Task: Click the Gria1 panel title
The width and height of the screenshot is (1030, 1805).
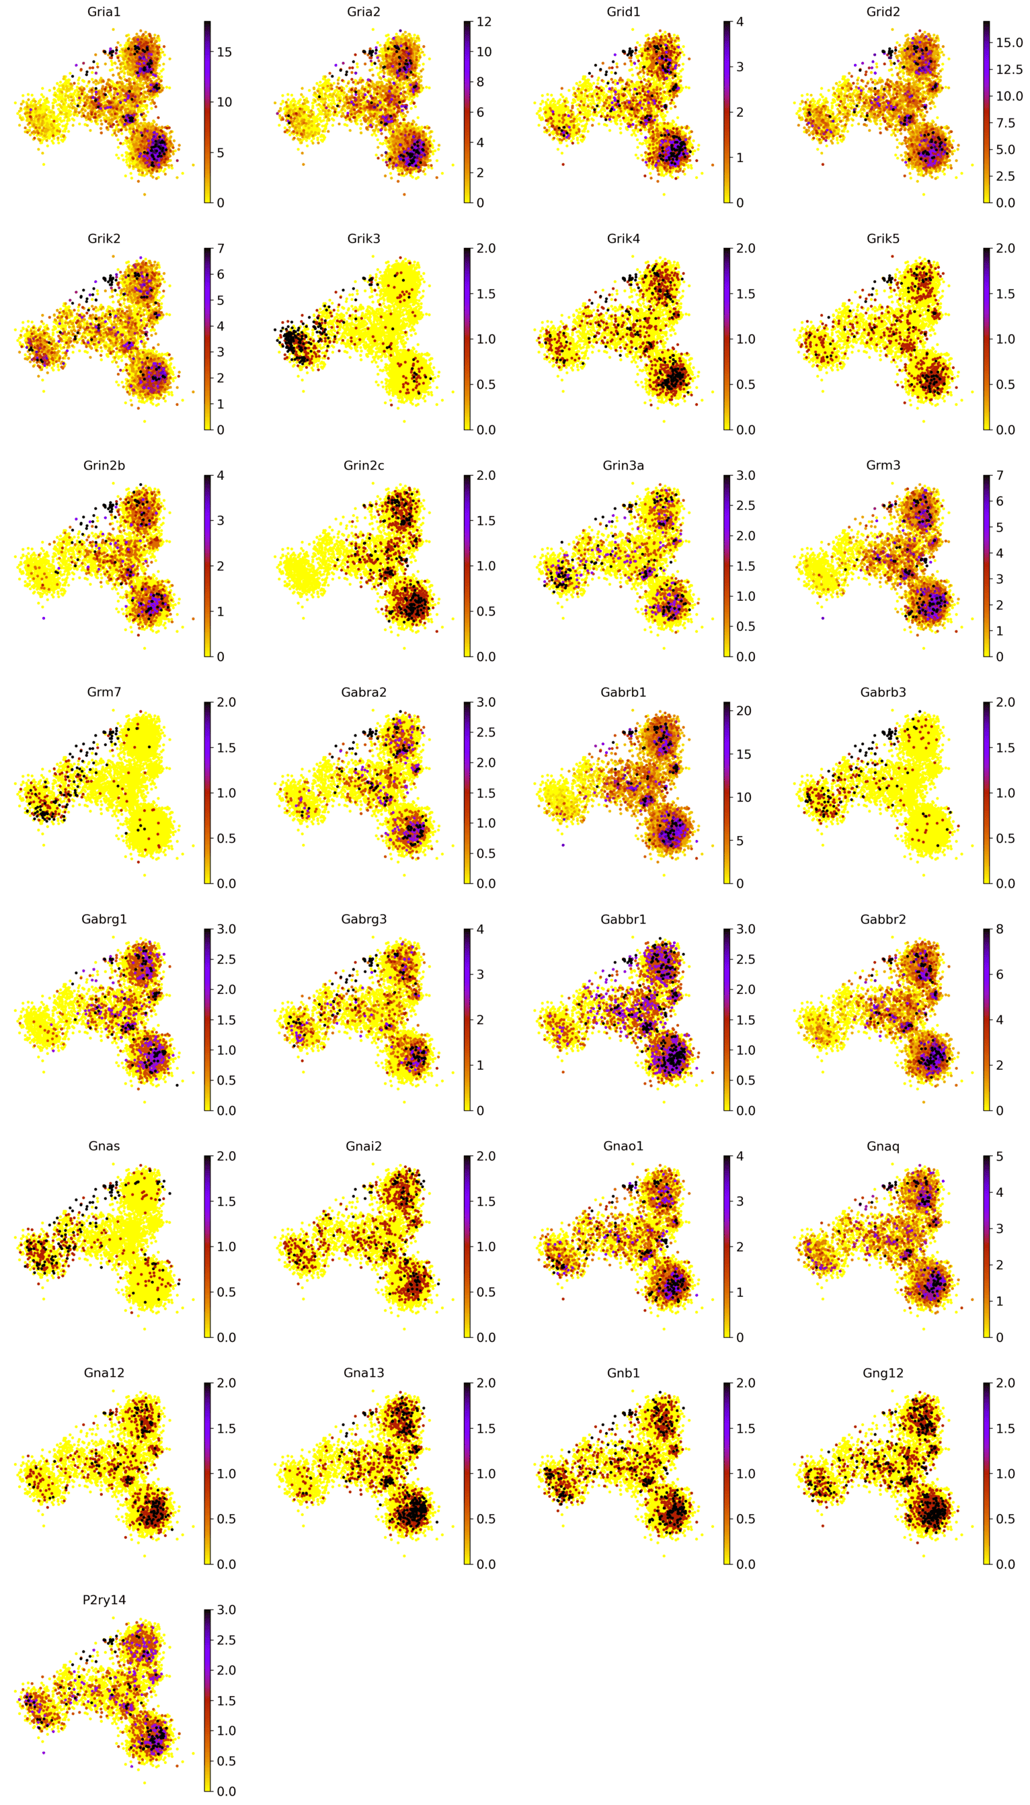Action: [104, 12]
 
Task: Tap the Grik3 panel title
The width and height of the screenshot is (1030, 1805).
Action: [364, 239]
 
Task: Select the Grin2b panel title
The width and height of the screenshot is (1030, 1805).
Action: [104, 465]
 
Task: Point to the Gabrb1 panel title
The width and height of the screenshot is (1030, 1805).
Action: [623, 692]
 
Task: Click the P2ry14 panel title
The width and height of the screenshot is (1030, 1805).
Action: [104, 1599]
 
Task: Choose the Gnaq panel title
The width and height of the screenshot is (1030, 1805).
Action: [883, 1146]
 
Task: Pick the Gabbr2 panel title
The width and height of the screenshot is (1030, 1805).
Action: [883, 919]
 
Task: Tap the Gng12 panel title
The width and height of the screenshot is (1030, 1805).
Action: [883, 1373]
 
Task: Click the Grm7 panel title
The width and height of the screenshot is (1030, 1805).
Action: [104, 692]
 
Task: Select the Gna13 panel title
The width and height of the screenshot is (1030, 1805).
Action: [364, 1373]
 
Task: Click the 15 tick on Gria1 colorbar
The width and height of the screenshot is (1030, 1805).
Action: [223, 52]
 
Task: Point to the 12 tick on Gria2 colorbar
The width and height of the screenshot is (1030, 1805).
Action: [484, 22]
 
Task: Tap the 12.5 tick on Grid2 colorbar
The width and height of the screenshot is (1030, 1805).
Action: [1008, 69]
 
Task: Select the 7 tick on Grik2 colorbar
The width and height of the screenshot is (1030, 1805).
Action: [221, 249]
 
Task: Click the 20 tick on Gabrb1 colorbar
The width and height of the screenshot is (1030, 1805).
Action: [744, 710]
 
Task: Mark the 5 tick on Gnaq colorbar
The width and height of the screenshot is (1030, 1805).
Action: [1000, 1157]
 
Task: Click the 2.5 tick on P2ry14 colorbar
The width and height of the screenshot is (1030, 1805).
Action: [227, 1640]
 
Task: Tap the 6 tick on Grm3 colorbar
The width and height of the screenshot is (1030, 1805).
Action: [1000, 501]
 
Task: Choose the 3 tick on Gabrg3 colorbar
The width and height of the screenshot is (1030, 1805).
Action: [480, 974]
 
